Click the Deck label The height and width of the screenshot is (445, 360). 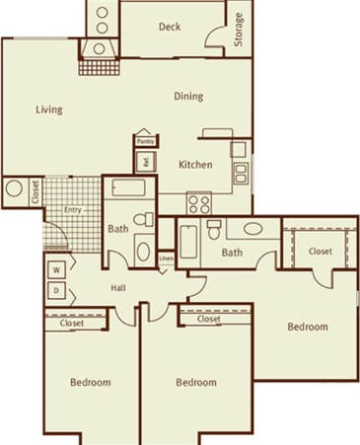(169, 27)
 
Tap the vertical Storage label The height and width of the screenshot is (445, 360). (239, 30)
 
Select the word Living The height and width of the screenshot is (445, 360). (49, 110)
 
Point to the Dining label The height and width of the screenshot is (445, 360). (188, 97)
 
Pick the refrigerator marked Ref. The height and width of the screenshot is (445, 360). (145, 161)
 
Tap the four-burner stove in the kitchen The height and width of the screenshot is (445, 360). (199, 204)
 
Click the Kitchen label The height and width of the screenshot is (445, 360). (195, 165)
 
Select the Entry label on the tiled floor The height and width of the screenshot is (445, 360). (72, 210)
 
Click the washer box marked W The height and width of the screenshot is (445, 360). (56, 268)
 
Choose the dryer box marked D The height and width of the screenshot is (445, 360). (56, 290)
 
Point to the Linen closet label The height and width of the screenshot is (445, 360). (166, 260)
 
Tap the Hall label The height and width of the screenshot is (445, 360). (118, 288)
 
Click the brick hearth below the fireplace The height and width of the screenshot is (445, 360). (98, 69)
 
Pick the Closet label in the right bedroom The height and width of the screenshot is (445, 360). (320, 252)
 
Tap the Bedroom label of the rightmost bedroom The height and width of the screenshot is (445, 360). (307, 327)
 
